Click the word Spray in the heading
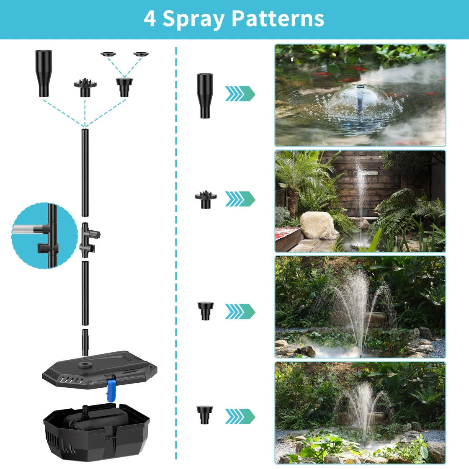click(193, 19)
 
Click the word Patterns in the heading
click(278, 18)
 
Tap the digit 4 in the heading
click(149, 18)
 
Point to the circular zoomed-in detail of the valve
click(44, 236)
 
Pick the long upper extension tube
click(85, 173)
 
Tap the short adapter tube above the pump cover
click(85, 343)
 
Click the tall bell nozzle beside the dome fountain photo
click(205, 96)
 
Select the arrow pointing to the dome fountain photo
click(240, 94)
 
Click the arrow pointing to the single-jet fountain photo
click(240, 199)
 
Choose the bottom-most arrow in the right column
click(240, 416)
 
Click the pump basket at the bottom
click(96, 431)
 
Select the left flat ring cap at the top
click(108, 54)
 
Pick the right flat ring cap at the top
click(141, 54)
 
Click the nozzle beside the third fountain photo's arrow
click(206, 311)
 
